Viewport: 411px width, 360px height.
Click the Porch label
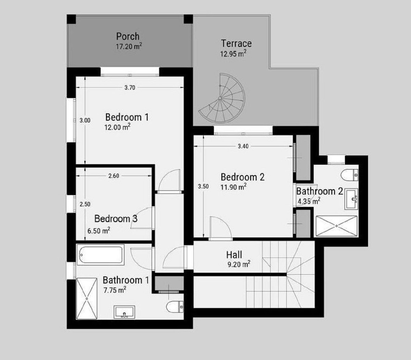128,37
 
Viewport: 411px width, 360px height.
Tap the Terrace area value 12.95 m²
233,54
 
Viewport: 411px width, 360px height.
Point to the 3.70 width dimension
130,88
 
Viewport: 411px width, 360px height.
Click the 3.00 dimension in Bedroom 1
85,120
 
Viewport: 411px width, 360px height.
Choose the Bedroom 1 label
127,117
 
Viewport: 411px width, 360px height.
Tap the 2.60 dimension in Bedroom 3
114,176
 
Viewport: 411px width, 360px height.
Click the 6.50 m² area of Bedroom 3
99,230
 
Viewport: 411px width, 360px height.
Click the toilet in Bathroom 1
175,307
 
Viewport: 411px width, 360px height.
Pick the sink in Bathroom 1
124,312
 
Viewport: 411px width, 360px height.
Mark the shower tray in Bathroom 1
87,299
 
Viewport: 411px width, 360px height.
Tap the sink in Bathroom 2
351,199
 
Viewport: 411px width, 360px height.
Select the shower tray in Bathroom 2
336,226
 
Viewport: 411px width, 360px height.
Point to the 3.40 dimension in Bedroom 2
243,146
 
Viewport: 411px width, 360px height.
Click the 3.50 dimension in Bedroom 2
203,187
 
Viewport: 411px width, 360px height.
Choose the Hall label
234,255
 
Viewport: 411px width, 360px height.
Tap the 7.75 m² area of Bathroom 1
115,290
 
